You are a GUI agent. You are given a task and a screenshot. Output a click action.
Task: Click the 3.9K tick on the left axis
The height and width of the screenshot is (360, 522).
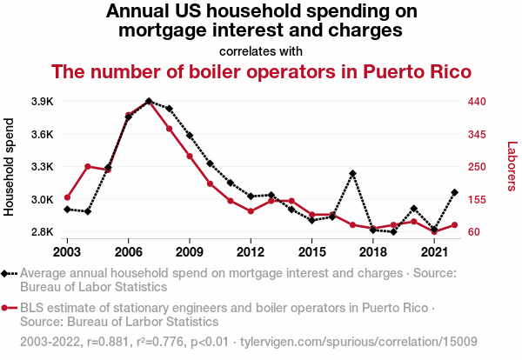43,102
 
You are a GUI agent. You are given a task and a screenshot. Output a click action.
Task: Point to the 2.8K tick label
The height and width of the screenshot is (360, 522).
43,232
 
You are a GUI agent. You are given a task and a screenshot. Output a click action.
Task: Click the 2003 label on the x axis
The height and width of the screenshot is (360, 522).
67,252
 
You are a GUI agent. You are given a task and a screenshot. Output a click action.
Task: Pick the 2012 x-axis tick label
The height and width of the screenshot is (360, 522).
251,252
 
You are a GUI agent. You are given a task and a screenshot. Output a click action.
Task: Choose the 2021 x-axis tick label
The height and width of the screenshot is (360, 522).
434,252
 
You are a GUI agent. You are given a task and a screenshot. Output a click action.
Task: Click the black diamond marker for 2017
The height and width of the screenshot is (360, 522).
352,174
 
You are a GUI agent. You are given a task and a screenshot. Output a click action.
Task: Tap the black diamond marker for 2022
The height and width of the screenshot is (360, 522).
455,192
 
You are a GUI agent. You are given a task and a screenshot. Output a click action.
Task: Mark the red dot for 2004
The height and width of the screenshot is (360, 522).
88,166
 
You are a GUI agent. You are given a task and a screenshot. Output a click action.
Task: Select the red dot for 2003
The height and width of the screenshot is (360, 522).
67,197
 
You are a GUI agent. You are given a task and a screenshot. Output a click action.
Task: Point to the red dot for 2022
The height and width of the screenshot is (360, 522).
455,225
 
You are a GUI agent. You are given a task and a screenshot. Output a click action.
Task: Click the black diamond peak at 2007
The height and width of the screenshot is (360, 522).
149,101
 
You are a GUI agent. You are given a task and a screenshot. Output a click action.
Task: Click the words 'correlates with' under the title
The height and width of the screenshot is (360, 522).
261,50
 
